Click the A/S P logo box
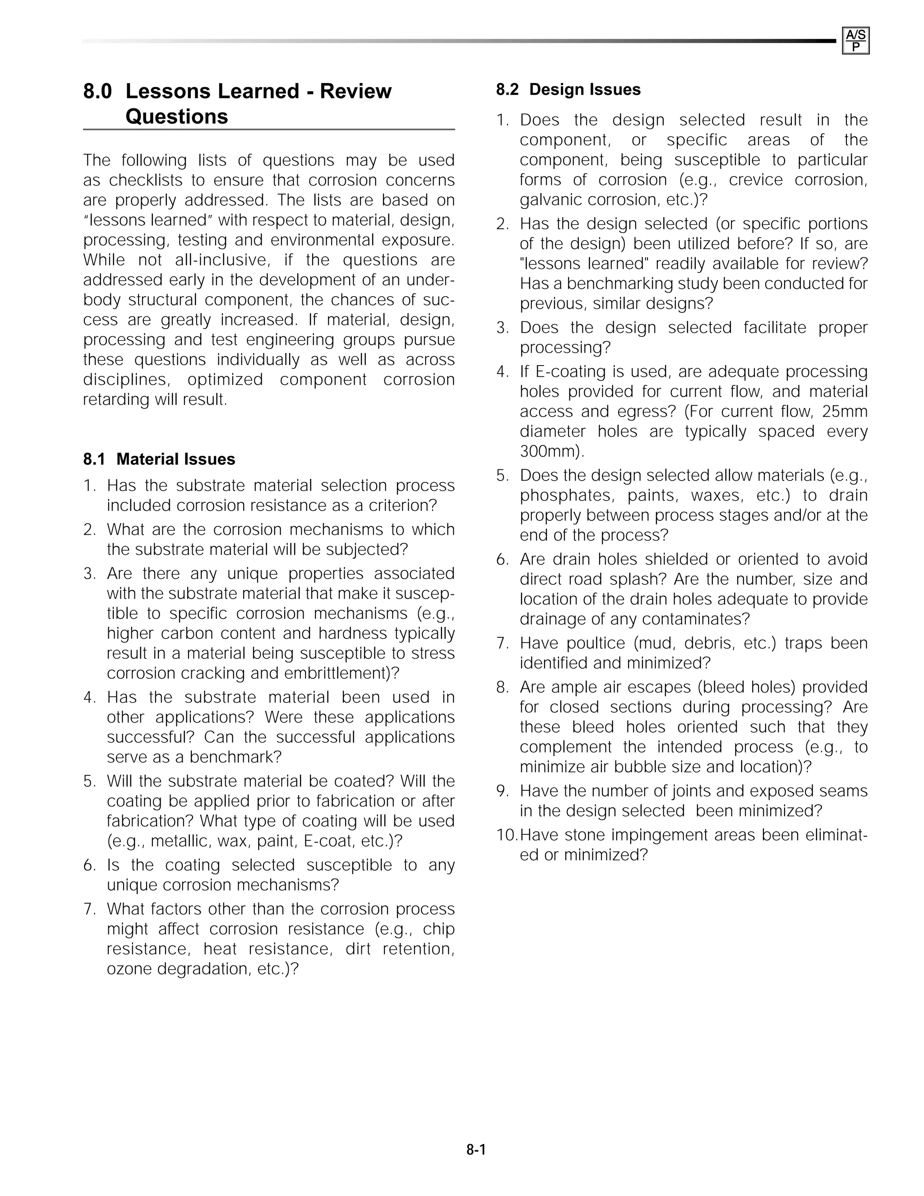(855, 41)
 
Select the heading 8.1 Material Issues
(159, 459)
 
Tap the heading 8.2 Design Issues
(568, 89)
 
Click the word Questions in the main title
(176, 116)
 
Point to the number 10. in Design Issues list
(506, 835)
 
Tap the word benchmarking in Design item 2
(619, 284)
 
